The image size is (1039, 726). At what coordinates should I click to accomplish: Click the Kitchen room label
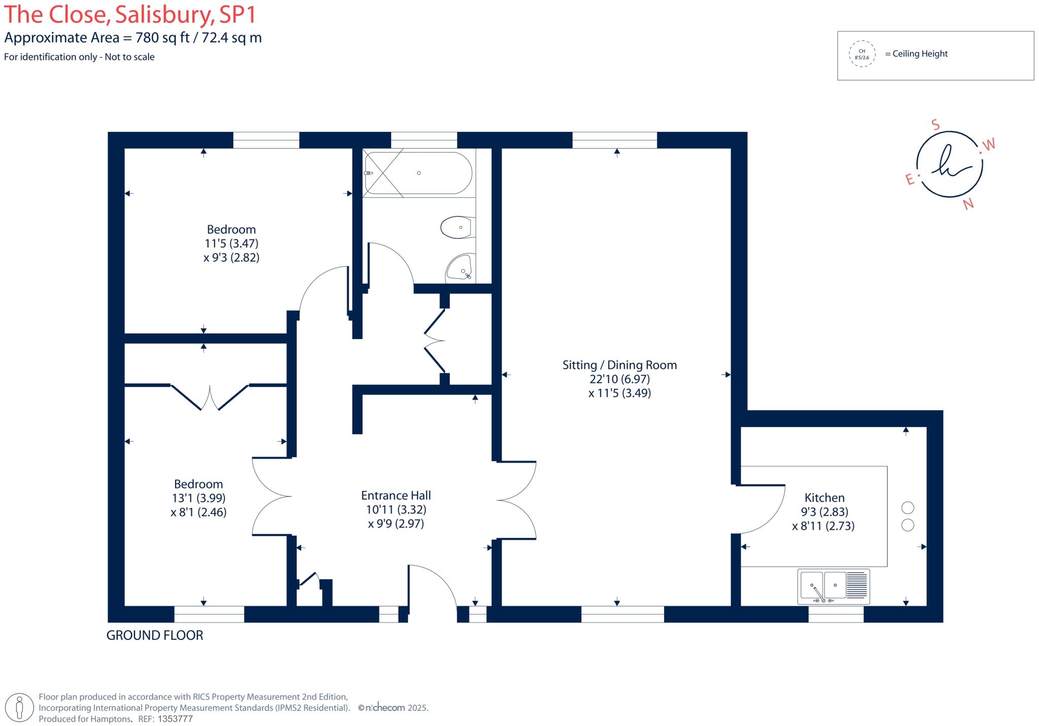[824, 497]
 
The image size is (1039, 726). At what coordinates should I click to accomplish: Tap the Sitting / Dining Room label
[619, 365]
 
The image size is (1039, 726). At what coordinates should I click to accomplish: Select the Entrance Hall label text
[396, 495]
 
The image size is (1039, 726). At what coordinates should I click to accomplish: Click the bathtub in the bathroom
[418, 173]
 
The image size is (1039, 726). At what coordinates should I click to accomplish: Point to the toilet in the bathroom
[458, 227]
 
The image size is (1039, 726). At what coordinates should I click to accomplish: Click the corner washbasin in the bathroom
[460, 268]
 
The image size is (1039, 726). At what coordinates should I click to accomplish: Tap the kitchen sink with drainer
[834, 586]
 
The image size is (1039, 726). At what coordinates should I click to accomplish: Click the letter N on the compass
[968, 204]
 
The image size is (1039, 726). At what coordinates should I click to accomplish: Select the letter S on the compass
[936, 125]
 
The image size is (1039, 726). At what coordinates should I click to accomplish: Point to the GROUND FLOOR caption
[155, 635]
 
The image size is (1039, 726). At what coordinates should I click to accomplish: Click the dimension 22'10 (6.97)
[619, 379]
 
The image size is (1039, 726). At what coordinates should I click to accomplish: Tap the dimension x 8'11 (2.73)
[823, 526]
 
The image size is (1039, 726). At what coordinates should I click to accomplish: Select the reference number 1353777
[176, 719]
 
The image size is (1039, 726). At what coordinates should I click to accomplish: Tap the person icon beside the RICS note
[19, 707]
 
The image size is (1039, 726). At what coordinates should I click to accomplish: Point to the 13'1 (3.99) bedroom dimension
[199, 498]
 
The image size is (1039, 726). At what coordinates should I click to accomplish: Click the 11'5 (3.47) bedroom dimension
[231, 243]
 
